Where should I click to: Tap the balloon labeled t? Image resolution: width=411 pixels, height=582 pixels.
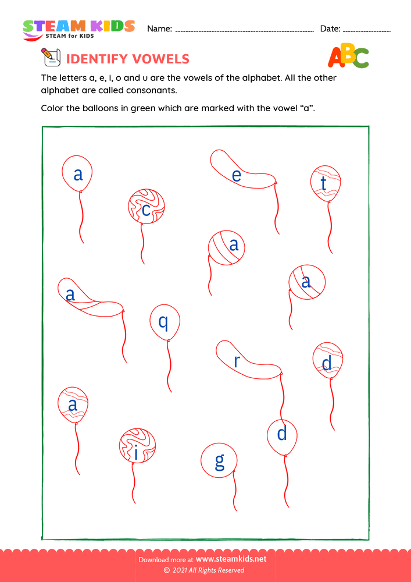[326, 183]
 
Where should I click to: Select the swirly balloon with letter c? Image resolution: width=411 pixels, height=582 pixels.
[146, 207]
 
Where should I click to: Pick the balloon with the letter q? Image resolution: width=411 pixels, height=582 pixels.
[165, 322]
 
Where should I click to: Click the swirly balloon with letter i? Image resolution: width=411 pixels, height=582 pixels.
[137, 447]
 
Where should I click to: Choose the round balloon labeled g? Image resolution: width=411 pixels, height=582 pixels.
[219, 461]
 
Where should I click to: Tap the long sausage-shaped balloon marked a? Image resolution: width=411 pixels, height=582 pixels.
[87, 297]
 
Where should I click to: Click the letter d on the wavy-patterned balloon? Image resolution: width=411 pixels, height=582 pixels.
[327, 364]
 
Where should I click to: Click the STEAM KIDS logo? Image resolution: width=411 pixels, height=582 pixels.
[78, 29]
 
